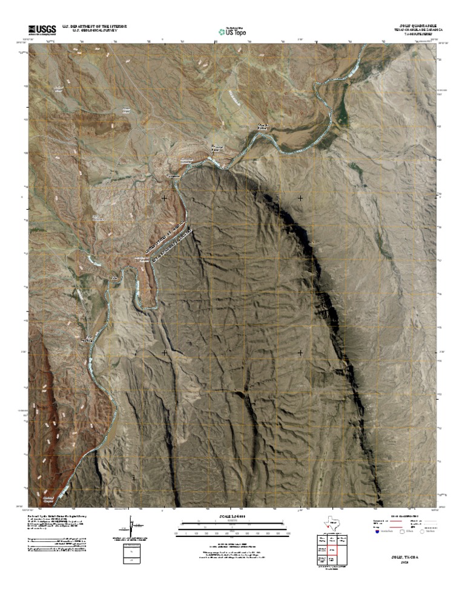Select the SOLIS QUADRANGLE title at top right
coord(417,25)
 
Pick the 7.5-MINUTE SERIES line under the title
coord(421,34)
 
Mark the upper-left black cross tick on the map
coord(164,198)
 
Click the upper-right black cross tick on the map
coord(301,198)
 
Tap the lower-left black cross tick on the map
coord(164,351)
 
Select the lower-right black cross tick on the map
coord(301,351)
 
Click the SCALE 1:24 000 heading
coord(232,516)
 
